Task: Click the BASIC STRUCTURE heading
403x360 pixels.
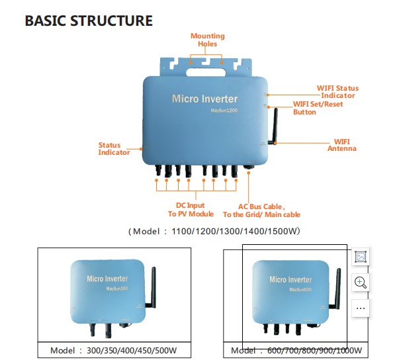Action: (89, 21)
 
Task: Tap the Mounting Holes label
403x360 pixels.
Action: (207, 40)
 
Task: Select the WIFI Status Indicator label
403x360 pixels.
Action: (338, 92)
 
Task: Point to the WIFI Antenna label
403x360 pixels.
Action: (341, 145)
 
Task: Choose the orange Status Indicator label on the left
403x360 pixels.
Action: (114, 148)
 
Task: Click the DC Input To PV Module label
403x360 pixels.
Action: (191, 210)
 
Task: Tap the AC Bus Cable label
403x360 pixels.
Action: (261, 210)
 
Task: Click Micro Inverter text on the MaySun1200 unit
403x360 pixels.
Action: (204, 99)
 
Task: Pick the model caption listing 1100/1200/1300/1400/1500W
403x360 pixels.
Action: (214, 232)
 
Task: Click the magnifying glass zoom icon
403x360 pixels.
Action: (360, 283)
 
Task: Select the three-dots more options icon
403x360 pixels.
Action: (360, 308)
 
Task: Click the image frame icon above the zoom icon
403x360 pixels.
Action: (360, 257)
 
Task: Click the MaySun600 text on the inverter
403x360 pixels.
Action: (300, 291)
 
